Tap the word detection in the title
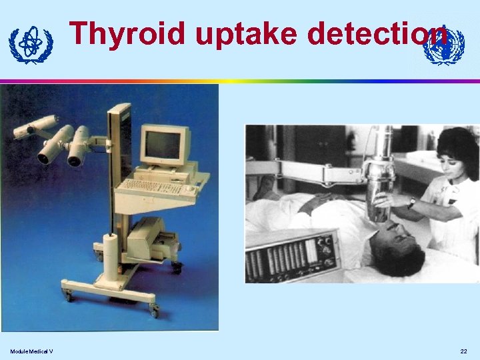(x=377, y=33)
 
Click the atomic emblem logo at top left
(x=31, y=45)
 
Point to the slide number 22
(x=463, y=351)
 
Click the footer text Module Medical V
(x=31, y=351)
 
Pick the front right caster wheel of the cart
(x=154, y=311)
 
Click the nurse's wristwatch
(x=412, y=203)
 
